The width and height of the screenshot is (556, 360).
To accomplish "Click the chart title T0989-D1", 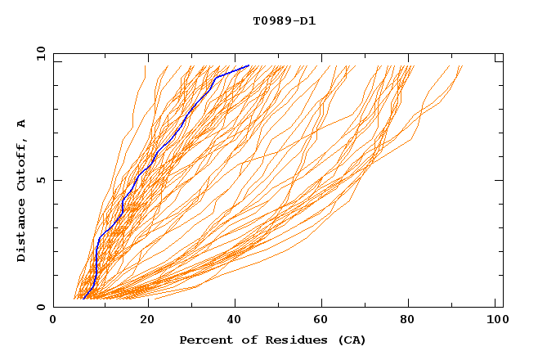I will (x=284, y=21).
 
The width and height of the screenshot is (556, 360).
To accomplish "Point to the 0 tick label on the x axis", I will (x=53, y=321).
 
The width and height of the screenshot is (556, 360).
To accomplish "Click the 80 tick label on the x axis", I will (x=407, y=321).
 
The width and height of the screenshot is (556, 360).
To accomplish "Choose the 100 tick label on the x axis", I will (x=495, y=321).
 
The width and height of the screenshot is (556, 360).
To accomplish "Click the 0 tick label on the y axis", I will (x=39, y=307).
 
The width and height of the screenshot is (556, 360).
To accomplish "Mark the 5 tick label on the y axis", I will (x=39, y=180).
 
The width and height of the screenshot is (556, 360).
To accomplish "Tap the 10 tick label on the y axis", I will (x=39, y=53).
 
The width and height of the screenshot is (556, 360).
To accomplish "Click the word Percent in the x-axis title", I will (x=204, y=340).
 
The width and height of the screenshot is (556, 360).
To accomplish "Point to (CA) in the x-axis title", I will (x=352, y=340).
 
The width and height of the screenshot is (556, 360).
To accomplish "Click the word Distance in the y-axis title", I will (x=22, y=232).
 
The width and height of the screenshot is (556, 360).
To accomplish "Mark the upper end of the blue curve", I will (x=249, y=66).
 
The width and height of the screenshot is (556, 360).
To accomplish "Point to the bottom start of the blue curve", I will (x=83, y=299).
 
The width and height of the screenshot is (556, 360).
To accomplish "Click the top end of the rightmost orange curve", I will (x=462, y=66).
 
